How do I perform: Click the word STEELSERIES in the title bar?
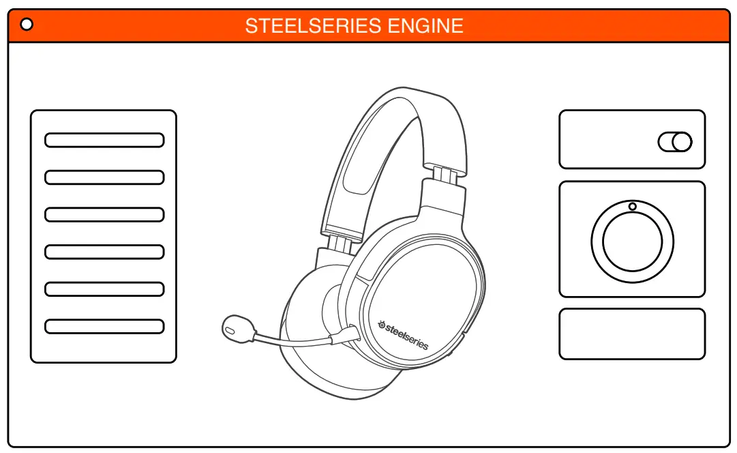[314, 26]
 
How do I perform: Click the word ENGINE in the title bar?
[425, 26]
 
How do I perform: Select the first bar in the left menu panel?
[104, 141]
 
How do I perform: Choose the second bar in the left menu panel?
[104, 177]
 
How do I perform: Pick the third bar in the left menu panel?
[104, 215]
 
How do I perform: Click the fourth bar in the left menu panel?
[104, 252]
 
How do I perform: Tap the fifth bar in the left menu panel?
[104, 289]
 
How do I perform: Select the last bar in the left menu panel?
[104, 326]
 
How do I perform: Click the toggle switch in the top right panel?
[675, 142]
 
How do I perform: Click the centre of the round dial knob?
[633, 241]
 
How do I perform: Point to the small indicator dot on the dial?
[633, 206]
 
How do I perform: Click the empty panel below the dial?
[632, 334]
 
